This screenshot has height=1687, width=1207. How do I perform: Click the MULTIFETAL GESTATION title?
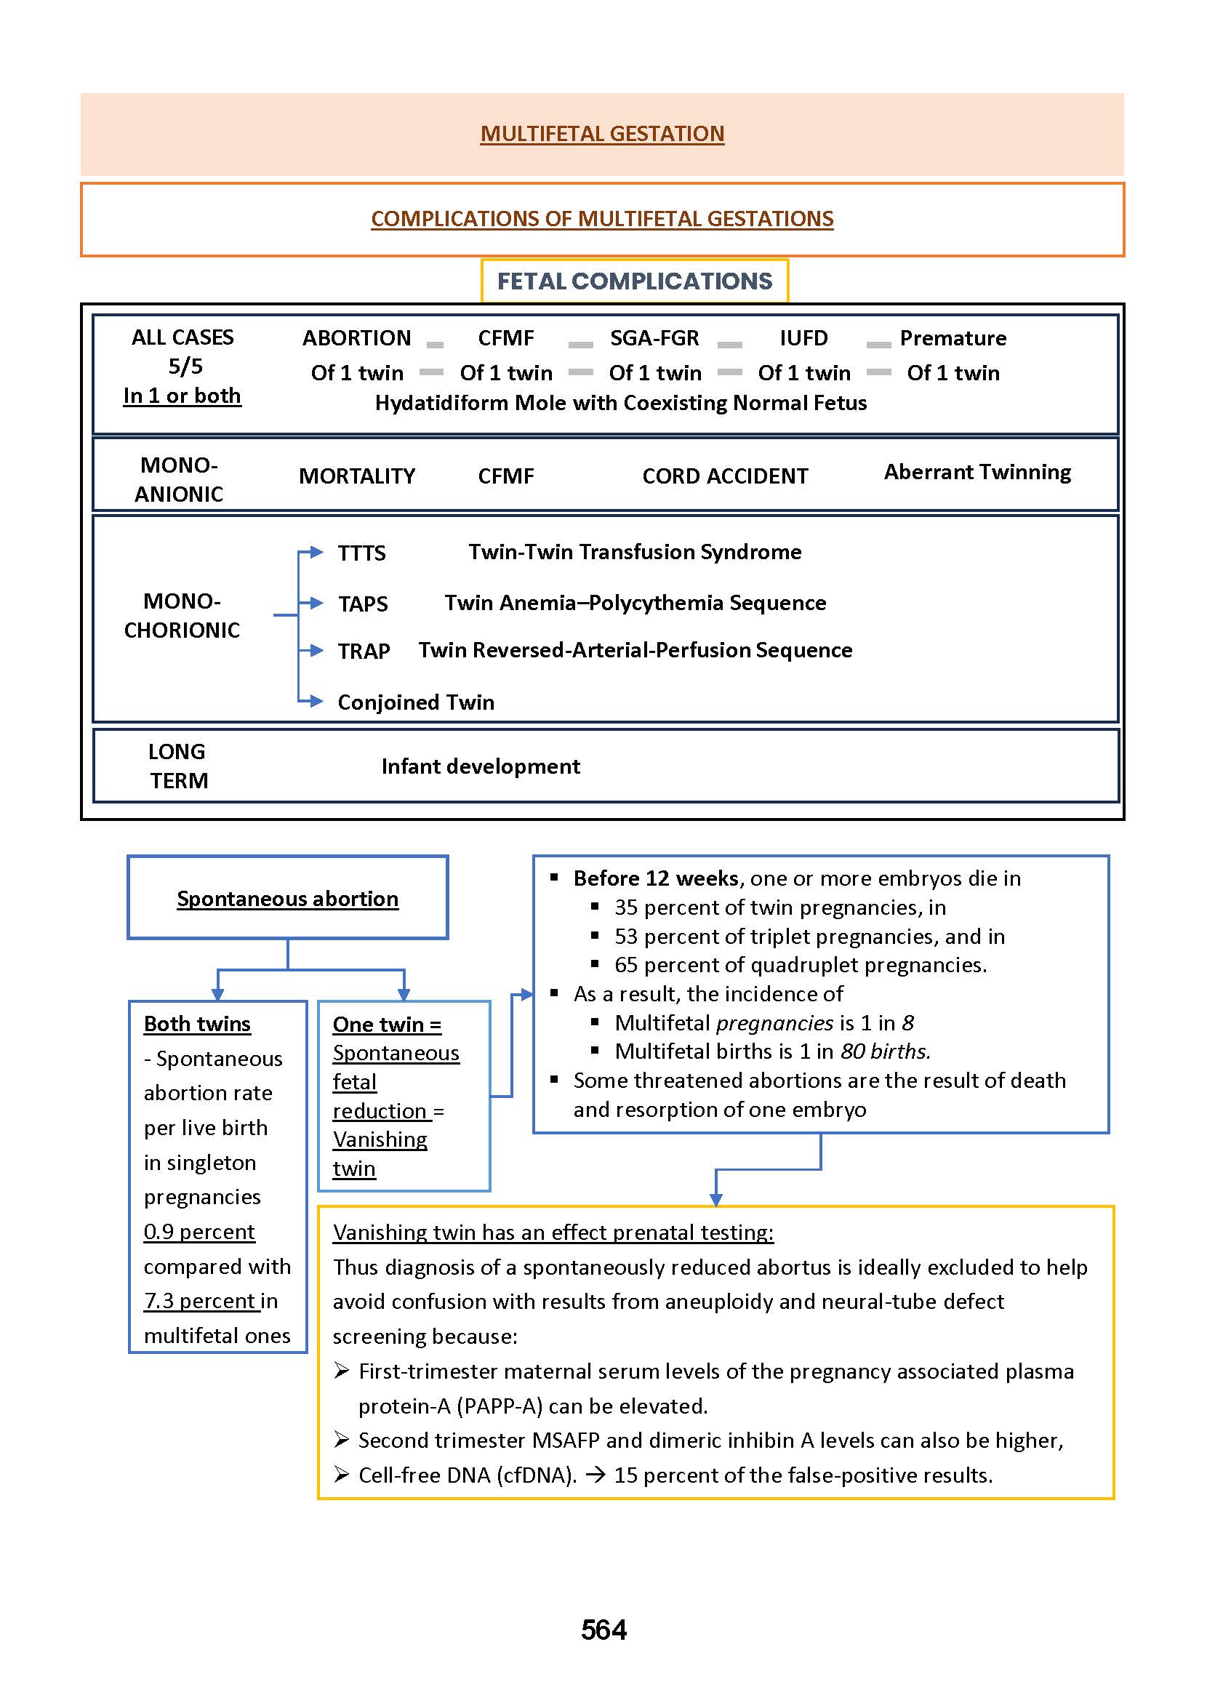602,134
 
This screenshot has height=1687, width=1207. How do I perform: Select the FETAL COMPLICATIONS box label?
634,281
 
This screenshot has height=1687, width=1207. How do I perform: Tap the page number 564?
603,1629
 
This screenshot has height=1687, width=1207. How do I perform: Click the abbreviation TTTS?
361,553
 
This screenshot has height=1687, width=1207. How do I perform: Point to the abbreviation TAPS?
363,604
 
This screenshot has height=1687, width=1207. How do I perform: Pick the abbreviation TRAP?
364,651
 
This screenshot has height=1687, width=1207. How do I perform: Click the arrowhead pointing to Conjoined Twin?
316,701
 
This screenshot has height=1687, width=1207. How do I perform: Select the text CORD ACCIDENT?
725,476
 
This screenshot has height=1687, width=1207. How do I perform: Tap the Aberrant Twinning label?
977,472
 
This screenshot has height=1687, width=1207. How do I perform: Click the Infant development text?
480,766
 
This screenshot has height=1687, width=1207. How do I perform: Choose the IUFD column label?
803,338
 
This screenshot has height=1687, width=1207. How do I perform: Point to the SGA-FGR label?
654,338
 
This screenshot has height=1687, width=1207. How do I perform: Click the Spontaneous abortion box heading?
288,899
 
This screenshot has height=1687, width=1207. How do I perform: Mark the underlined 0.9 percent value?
199,1231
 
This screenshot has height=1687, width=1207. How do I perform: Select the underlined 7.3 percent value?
200,1301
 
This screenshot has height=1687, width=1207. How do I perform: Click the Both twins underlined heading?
197,1023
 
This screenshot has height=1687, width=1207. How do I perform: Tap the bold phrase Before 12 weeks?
656,878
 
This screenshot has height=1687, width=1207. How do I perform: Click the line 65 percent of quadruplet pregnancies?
800,965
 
